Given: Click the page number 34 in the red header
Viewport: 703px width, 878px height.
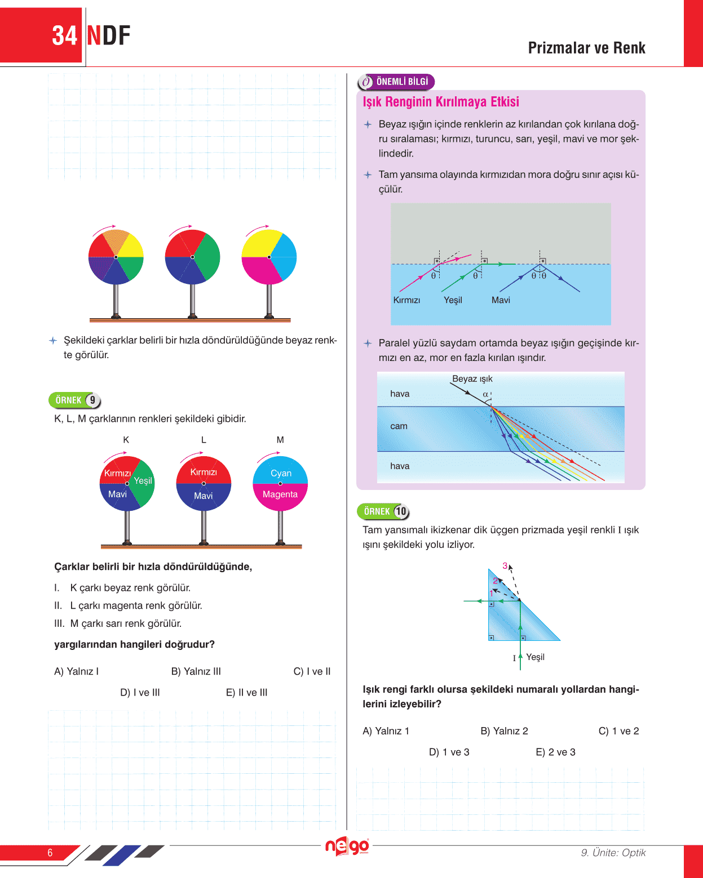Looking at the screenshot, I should (x=64, y=35).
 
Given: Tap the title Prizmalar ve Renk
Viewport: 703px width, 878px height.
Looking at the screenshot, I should (x=586, y=48).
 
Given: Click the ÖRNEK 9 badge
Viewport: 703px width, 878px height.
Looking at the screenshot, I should (x=74, y=400).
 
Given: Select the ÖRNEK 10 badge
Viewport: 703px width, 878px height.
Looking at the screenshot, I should (x=383, y=511).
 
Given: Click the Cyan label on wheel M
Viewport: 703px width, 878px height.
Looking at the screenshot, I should (x=281, y=473).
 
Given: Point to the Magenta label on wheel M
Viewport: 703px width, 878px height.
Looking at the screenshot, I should (x=280, y=494).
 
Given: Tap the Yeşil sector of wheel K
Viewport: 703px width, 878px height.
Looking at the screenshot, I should (x=143, y=480).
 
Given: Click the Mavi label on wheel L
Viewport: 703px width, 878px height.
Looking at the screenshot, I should (x=203, y=496).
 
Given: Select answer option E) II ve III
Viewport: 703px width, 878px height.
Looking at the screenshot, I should (x=246, y=692).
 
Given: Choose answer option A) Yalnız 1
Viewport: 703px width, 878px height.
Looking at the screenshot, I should (x=386, y=730).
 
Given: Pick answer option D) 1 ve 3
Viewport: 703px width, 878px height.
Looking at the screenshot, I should (x=449, y=752).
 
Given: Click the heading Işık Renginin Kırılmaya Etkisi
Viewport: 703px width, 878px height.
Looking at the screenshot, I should (x=441, y=102).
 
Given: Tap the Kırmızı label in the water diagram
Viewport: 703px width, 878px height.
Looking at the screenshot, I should (x=406, y=300).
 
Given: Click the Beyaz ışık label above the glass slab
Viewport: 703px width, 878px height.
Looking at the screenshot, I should (x=472, y=378).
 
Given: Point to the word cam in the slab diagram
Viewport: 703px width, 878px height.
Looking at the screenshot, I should (x=399, y=426).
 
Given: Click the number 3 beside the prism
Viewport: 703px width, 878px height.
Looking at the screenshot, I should (x=505, y=565).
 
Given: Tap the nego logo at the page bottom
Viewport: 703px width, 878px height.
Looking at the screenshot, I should (x=347, y=847).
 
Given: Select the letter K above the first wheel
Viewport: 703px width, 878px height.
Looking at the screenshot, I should (x=126, y=439).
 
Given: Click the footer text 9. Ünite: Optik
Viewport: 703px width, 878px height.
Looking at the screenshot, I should (x=613, y=852).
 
